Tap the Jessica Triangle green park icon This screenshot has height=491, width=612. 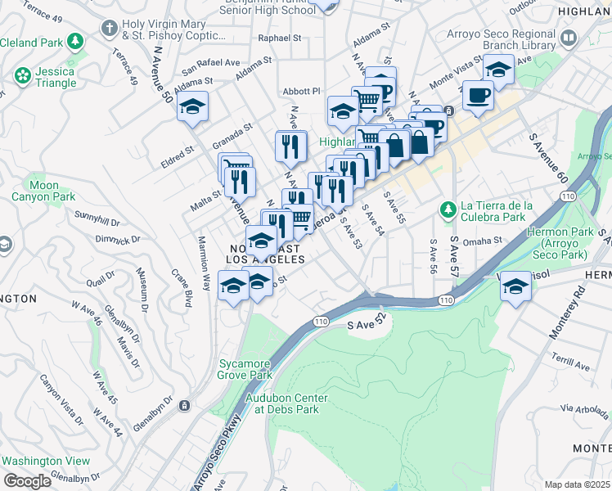(23, 76)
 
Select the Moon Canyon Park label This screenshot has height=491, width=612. (43, 191)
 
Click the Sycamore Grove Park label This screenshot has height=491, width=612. (244, 369)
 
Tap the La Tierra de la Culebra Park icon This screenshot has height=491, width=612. (448, 210)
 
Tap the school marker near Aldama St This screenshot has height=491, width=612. (192, 107)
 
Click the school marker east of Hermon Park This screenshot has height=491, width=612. (515, 287)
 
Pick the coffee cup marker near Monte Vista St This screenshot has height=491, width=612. (478, 94)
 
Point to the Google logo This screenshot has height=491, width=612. (27, 481)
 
